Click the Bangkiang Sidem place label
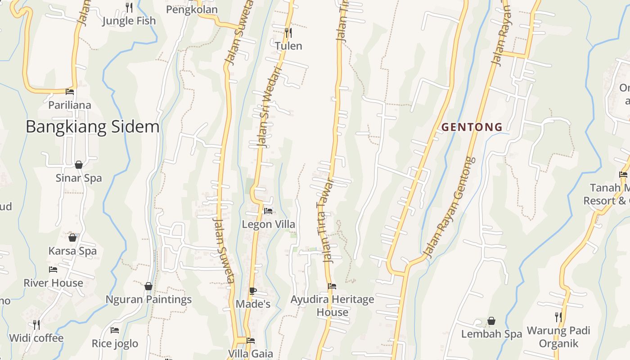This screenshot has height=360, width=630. point(92,127)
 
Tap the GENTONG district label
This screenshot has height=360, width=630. point(472,127)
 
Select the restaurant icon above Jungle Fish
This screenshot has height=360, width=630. point(129,7)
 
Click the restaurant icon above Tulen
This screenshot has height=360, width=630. point(288,32)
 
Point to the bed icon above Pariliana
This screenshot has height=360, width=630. point(70,92)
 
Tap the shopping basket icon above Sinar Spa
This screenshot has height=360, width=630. point(79,165)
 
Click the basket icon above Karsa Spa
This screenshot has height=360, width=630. point(72,238)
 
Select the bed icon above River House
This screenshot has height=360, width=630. point(53,270)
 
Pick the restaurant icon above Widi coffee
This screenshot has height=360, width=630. point(36,324)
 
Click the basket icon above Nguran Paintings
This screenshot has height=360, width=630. point(148,286)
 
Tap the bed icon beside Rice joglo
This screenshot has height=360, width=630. point(115,330)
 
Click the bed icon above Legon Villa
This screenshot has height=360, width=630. point(268,211)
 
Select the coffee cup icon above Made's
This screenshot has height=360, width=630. point(253,291)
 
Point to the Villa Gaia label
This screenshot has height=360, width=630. point(251,353)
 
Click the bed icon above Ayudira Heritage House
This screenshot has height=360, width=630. point(332,286)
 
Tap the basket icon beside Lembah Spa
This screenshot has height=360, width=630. point(491,321)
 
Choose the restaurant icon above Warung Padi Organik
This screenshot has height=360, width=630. point(558,317)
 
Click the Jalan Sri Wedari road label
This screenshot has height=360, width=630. point(269,108)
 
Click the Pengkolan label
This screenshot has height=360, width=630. point(192,9)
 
